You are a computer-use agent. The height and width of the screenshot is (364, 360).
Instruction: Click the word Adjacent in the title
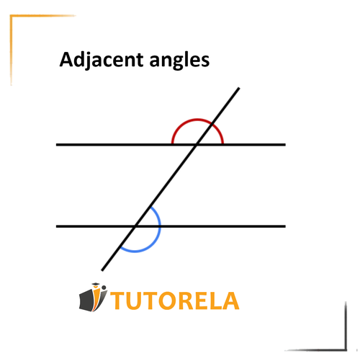[102, 60]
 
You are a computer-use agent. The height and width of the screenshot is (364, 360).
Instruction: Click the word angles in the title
[179, 61]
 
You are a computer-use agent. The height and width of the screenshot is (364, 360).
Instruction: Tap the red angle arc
[197, 119]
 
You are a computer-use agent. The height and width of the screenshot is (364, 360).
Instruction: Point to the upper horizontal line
[171, 145]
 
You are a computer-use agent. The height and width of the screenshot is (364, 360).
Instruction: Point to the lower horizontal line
[171, 226]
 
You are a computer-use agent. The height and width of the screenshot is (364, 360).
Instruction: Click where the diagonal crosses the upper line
[197, 145]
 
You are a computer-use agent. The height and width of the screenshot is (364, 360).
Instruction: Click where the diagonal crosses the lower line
[135, 226]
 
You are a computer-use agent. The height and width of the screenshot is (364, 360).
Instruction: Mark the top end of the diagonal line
[239, 88]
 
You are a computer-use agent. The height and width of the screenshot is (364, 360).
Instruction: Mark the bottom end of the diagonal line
[102, 270]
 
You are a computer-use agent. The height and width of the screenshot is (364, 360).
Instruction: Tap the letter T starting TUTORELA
[118, 301]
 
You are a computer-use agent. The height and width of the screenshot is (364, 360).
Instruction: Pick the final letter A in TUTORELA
[230, 301]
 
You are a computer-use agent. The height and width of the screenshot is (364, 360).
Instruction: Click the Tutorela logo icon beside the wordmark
[93, 298]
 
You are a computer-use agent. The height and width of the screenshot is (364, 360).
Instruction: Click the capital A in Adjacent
[66, 59]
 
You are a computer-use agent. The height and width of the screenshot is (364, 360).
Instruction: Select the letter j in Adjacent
[89, 61]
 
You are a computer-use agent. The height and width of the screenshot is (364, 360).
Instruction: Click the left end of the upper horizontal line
[56, 145]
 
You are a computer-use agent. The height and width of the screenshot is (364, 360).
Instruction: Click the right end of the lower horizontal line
[285, 226]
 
